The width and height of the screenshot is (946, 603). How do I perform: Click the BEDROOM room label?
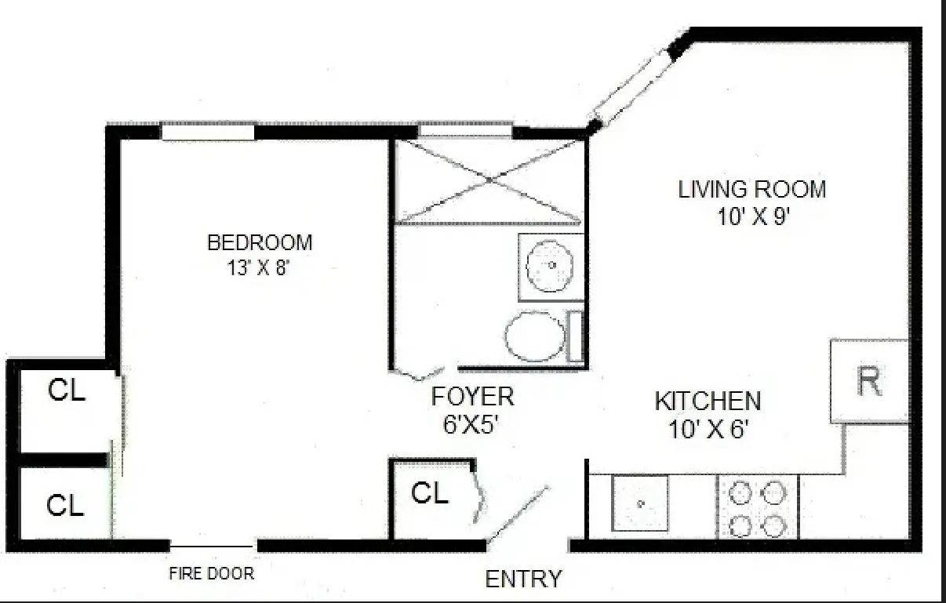tap(260, 242)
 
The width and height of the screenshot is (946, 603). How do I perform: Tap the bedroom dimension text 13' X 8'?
tap(260, 267)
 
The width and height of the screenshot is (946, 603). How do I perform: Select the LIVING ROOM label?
tap(752, 189)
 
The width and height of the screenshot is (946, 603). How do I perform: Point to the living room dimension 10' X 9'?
tap(752, 216)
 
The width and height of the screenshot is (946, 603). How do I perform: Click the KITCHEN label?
tap(708, 401)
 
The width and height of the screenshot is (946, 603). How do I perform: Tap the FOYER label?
tap(473, 397)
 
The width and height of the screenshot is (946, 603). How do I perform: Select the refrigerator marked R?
tap(869, 382)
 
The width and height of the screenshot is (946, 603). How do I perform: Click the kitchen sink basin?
tap(640, 503)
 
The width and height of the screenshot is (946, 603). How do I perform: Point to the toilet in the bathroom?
tap(536, 337)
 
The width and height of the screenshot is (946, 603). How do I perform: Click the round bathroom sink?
tap(551, 266)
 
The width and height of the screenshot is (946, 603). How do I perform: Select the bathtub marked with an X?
tap(489, 180)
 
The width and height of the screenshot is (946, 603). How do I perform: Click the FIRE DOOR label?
tap(212, 573)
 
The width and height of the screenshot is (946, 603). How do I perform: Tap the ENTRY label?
tap(523, 579)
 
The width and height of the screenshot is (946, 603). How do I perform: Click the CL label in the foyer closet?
tap(430, 493)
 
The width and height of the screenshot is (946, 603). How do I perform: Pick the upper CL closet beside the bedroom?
tap(67, 390)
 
